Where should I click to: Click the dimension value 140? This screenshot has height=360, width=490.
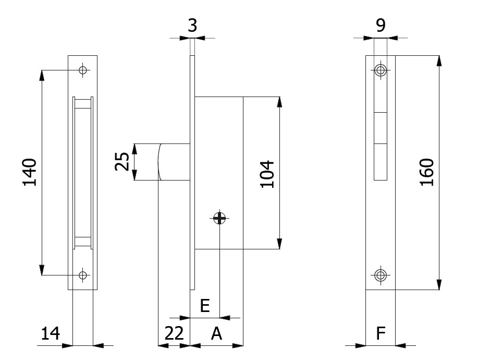30,172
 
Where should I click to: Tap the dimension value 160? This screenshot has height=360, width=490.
427,172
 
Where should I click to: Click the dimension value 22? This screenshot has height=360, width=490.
174,333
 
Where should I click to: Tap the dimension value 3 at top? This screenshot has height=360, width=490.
192,25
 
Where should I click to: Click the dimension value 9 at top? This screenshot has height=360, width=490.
381,25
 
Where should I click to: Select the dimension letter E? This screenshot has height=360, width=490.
205,306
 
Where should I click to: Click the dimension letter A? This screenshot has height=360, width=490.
216,333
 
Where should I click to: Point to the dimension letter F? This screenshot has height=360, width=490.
381,333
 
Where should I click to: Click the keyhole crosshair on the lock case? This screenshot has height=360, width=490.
220,218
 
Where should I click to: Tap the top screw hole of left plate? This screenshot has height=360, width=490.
82,70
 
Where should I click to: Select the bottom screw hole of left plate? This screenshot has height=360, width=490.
82,274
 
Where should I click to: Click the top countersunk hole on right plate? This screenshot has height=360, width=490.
381,70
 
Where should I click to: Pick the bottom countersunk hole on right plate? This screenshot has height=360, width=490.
381,274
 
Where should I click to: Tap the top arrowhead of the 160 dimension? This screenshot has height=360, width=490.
439,60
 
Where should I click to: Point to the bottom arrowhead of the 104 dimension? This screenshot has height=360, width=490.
279,243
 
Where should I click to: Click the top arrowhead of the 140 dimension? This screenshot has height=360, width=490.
42,75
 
